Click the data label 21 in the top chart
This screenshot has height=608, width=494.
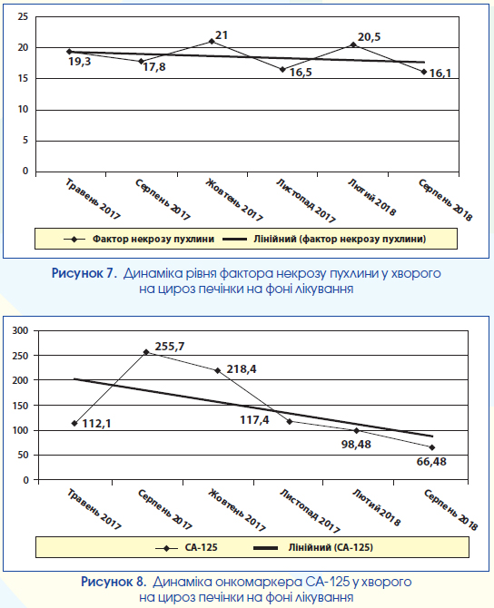222,35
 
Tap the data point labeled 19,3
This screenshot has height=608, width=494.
69,52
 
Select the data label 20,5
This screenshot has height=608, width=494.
369,37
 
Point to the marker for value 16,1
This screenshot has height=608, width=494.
424,72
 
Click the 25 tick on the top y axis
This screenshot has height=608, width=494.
24,16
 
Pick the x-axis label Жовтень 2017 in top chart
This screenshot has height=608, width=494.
234,200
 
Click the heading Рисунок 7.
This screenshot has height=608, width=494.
84,273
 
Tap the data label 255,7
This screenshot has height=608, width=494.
170,347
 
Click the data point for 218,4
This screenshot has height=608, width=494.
217,370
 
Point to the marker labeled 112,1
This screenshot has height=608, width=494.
74,424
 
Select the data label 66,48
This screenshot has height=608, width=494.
431,462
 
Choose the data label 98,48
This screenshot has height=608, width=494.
356,445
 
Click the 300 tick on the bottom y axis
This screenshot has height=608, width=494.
21,330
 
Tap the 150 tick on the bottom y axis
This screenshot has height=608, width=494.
21,406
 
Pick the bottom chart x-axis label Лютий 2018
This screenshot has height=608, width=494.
376,507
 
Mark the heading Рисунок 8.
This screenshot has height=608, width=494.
114,582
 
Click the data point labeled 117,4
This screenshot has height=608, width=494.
290,421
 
